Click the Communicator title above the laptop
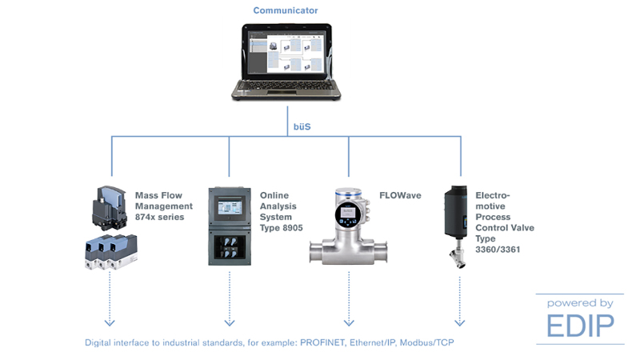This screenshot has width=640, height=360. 285,10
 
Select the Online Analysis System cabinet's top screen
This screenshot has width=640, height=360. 229,206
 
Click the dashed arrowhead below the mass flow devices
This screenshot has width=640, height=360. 110,322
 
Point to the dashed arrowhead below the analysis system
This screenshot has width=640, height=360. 230,322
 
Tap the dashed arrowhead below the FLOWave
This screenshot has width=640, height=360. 348,322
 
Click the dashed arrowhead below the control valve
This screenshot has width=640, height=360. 460,322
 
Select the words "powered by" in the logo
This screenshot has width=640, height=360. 581,303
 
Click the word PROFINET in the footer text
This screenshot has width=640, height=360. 326,342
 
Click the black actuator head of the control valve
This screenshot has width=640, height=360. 460,210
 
